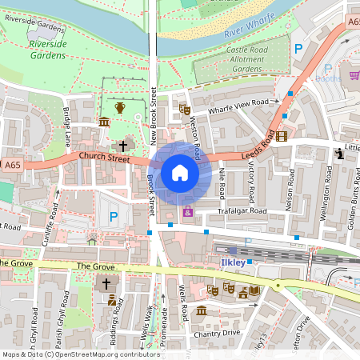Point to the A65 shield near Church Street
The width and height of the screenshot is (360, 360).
click(x=10, y=164)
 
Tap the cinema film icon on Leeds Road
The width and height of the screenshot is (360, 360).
click(x=282, y=135)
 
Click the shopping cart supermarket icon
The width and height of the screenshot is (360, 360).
click(x=354, y=75)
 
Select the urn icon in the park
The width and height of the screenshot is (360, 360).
click(x=120, y=107)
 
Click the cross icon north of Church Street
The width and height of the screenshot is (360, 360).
click(x=122, y=146)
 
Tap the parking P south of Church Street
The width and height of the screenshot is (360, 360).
click(x=113, y=216)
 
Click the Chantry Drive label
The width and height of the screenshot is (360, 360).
click(x=220, y=331)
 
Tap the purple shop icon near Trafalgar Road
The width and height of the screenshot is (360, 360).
click(x=188, y=212)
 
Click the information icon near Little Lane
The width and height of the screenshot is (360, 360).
click(x=339, y=152)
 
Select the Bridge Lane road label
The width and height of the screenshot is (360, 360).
click(x=68, y=127)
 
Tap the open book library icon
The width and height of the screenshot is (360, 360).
click(x=254, y=290)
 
